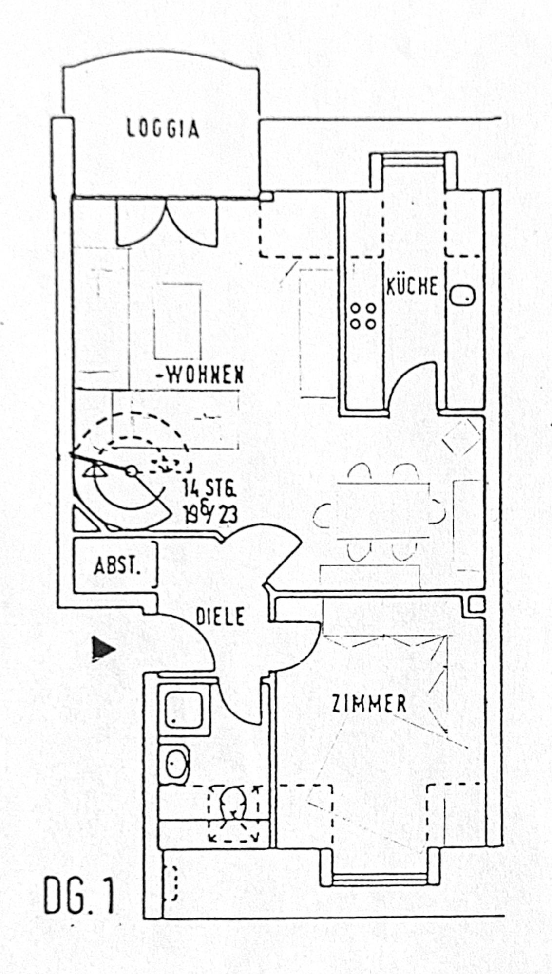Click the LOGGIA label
click(163, 130)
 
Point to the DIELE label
click(220, 617)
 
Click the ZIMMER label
click(369, 704)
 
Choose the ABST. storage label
click(117, 566)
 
